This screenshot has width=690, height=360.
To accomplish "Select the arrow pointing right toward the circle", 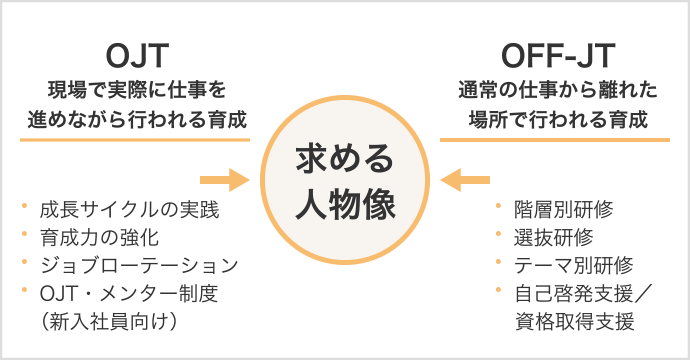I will (223, 181).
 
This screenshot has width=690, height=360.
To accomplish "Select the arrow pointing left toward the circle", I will (466, 181).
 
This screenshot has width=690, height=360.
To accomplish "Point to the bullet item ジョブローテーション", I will (138, 266).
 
